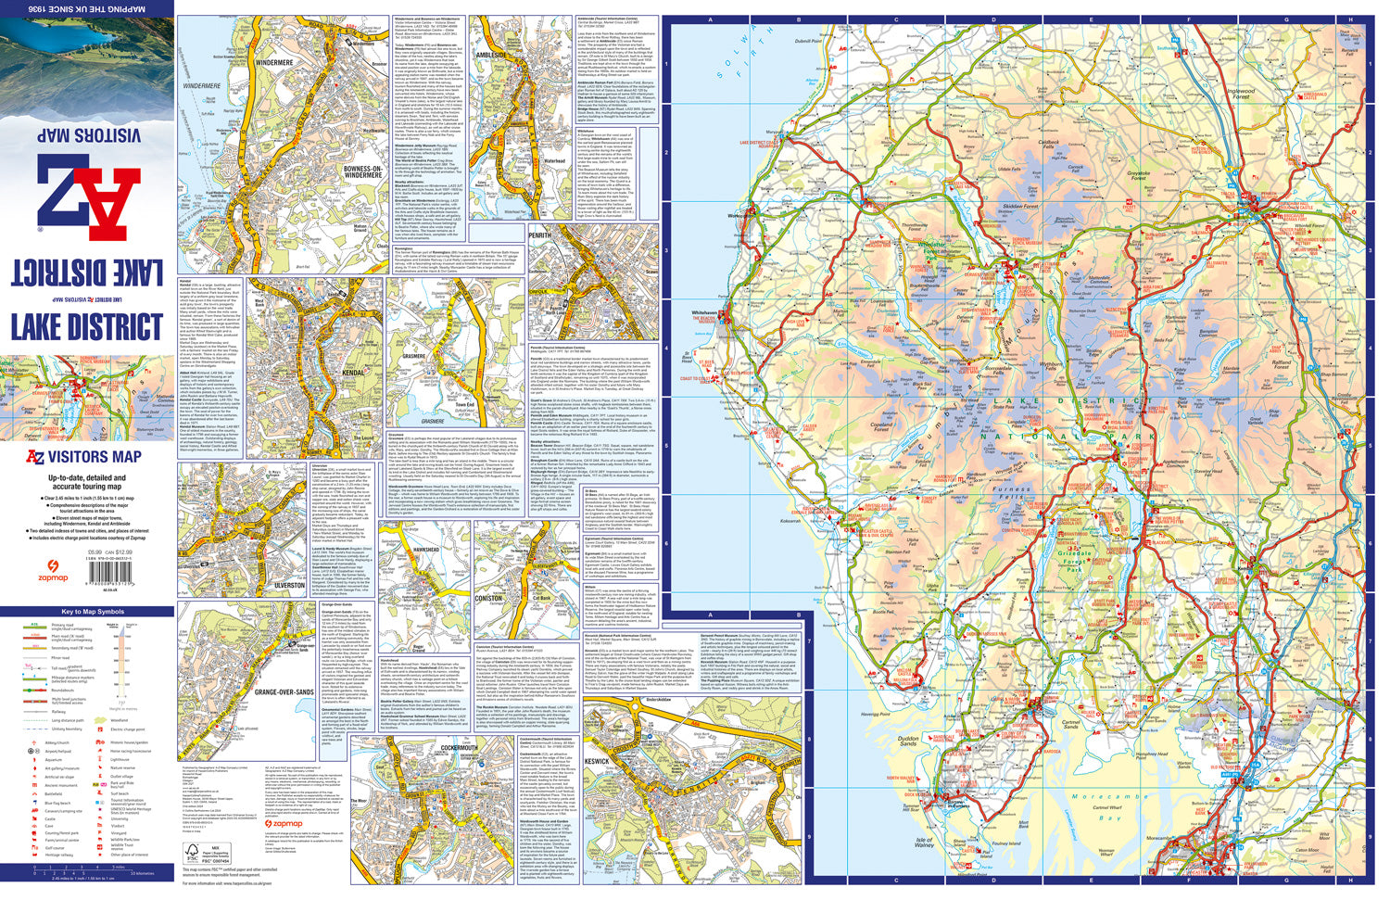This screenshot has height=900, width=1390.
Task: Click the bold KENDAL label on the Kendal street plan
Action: click(x=353, y=372)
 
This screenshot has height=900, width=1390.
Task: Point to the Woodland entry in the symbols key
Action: click(x=119, y=719)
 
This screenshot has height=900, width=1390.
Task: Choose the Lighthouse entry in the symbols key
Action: click(x=120, y=759)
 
